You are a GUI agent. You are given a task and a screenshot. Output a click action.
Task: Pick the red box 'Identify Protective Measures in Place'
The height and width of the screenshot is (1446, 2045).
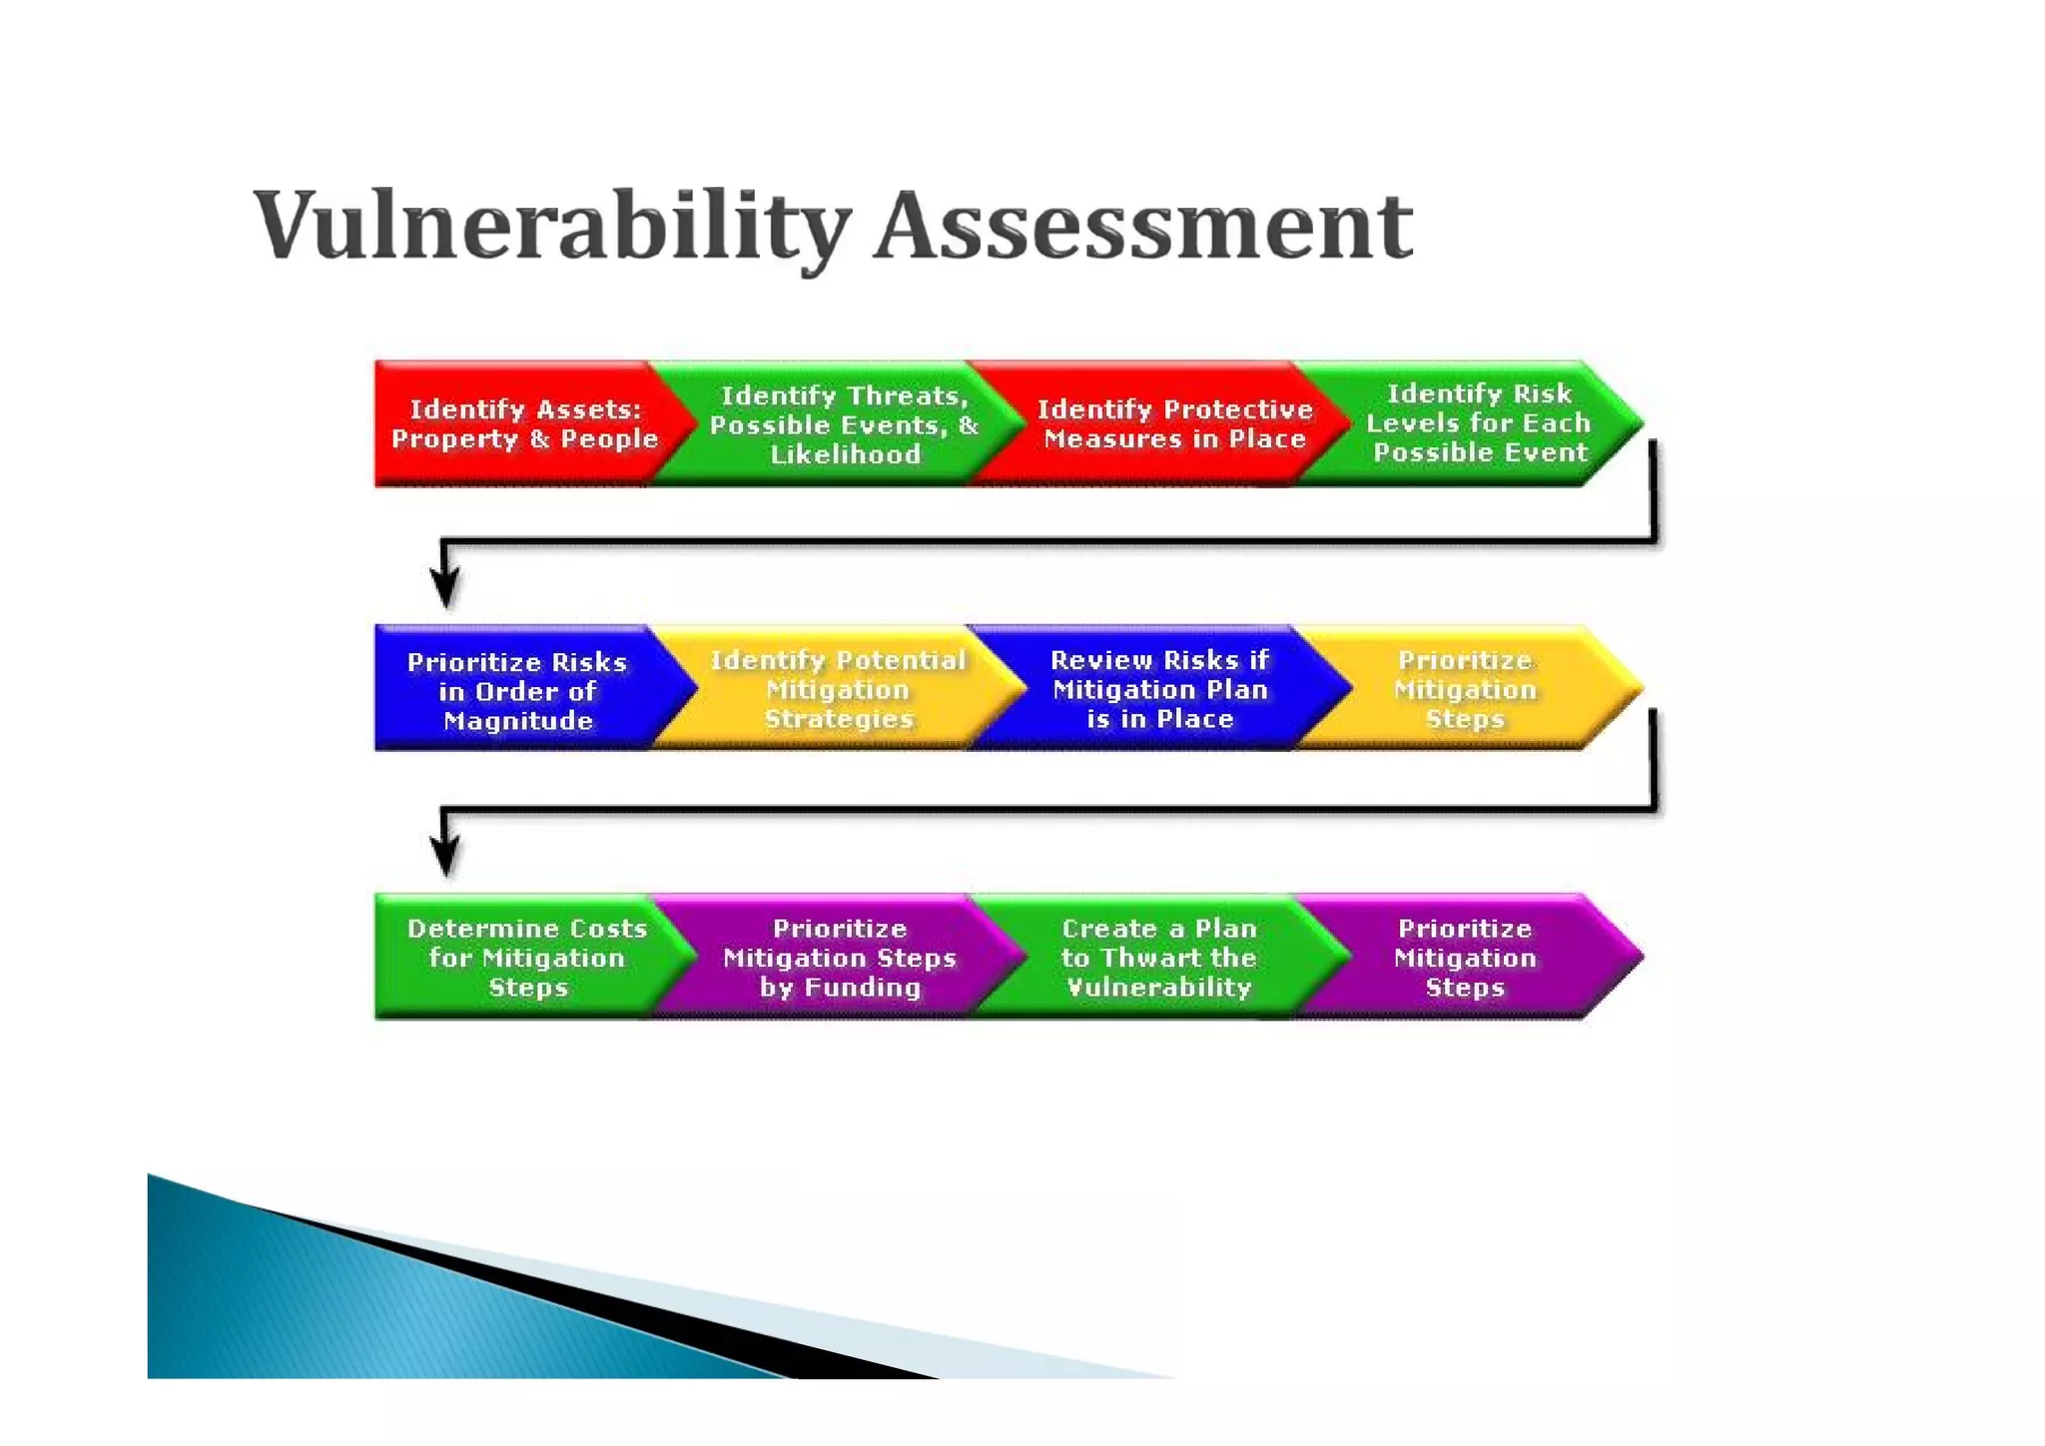1173,424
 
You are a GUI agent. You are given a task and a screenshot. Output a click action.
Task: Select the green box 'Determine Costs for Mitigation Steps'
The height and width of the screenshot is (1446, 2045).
526,958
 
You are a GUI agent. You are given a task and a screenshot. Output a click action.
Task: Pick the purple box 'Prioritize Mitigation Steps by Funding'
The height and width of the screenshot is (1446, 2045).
839,958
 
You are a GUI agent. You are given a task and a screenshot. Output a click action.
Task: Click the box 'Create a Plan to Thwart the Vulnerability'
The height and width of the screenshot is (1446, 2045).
1158,958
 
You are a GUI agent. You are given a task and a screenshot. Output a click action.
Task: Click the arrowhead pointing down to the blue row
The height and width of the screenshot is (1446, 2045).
445,586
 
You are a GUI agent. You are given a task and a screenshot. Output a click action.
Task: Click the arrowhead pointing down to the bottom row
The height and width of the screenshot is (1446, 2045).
445,855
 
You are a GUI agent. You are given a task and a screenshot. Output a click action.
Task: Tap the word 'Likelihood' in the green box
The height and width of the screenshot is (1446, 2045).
845,454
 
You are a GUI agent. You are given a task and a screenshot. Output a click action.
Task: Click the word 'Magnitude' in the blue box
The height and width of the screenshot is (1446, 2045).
517,721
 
